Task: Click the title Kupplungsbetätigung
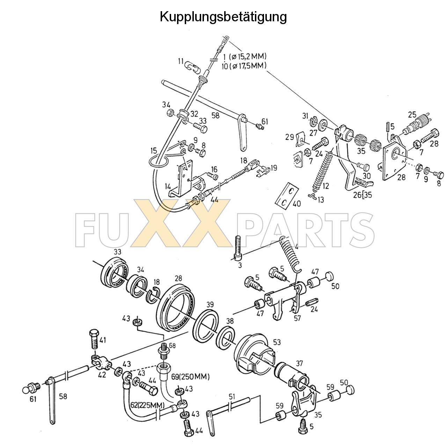click(223, 16)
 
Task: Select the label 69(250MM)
click(190, 377)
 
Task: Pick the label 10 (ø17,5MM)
click(244, 65)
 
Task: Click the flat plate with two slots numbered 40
click(287, 194)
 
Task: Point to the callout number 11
click(181, 61)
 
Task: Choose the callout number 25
click(412, 115)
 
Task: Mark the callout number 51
click(232, 396)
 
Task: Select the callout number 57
click(297, 318)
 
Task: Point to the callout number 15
click(154, 151)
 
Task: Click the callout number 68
click(173, 345)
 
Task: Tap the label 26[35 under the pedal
click(362, 195)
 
